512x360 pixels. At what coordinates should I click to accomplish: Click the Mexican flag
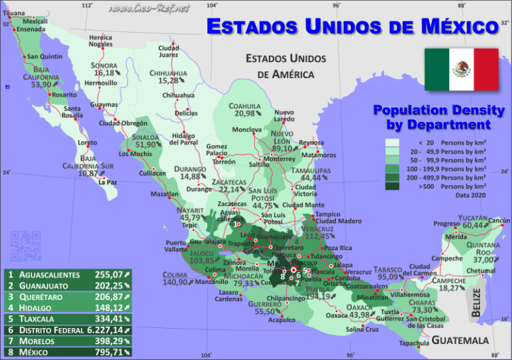coord(461,70)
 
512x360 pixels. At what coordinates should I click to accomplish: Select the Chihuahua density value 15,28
coord(169,81)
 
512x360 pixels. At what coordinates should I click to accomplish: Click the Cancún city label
coord(499,221)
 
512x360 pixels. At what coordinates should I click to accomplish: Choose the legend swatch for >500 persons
coord(392,187)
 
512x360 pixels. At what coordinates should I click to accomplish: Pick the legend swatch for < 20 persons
coord(392,143)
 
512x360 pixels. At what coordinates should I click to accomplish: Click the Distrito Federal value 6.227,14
coord(104,329)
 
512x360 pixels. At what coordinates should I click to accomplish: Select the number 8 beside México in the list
coord(11,351)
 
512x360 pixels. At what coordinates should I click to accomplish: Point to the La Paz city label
coord(107,182)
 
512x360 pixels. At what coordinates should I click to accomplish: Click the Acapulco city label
coord(281,320)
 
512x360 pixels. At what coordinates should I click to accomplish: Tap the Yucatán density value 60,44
coord(473,225)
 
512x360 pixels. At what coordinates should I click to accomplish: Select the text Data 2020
coord(471,195)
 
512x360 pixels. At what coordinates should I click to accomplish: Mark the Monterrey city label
coord(279,159)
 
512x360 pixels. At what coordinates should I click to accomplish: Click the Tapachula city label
coord(414,343)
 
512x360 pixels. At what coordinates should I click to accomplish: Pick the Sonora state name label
coord(104,66)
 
